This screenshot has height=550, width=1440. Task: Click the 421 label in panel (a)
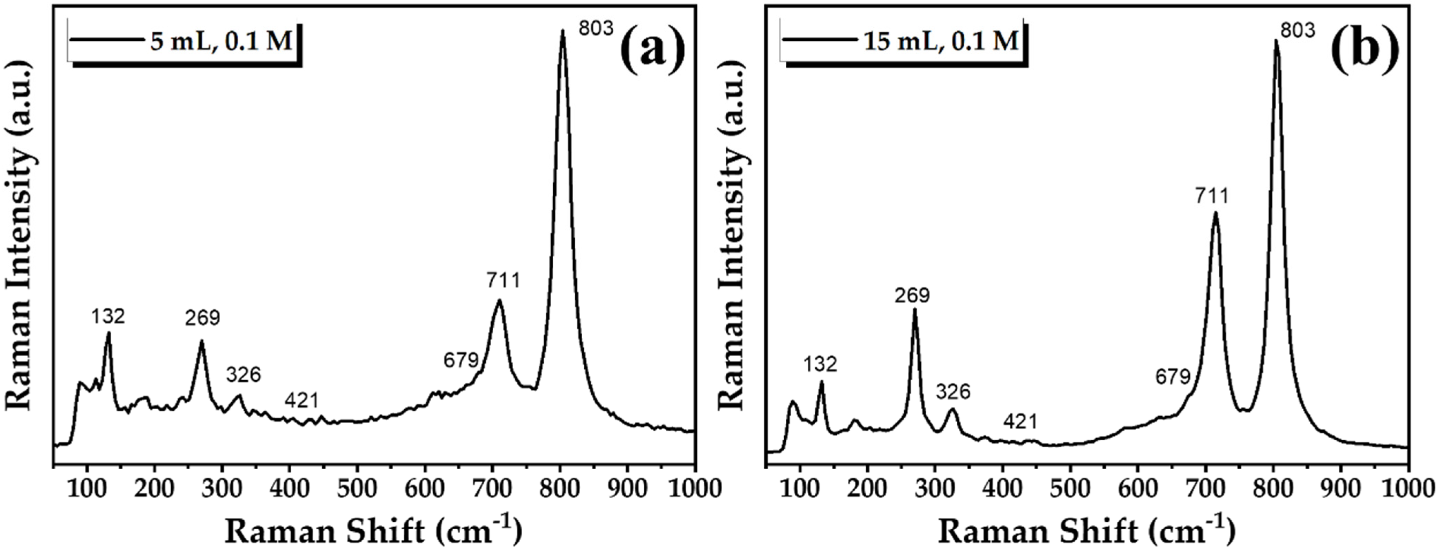point(302,400)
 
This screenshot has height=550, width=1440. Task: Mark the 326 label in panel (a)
point(244,374)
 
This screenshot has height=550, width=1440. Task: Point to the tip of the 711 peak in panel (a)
point(499,300)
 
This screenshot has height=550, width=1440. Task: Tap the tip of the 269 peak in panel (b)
point(915,309)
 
